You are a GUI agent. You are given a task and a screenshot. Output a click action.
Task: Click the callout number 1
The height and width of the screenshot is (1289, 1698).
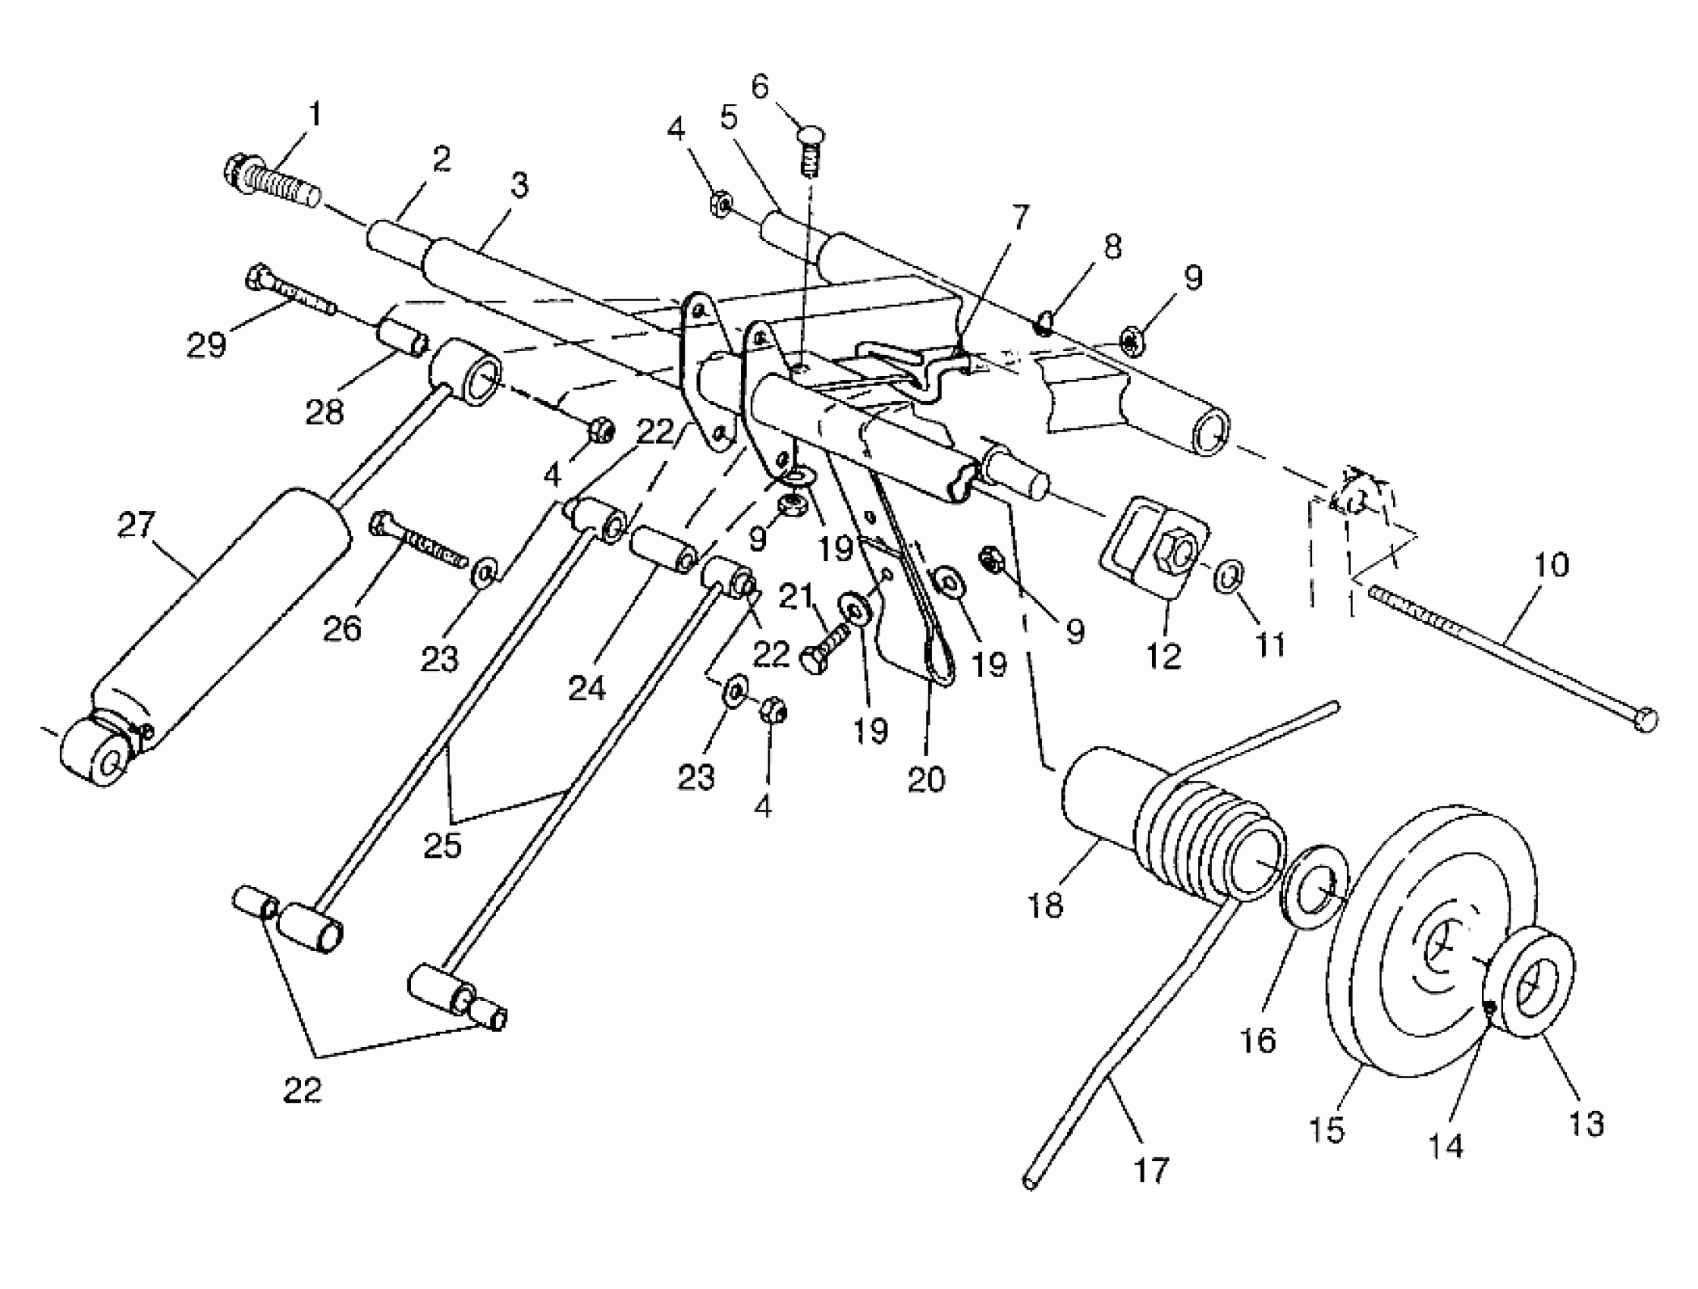(x=314, y=115)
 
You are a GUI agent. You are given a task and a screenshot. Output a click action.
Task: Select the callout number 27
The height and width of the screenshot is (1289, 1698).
(x=137, y=525)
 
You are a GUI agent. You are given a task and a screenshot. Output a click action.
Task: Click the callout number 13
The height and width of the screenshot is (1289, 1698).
(x=1585, y=1124)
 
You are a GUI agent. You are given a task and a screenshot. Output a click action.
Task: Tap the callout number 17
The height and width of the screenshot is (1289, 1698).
(x=1151, y=1170)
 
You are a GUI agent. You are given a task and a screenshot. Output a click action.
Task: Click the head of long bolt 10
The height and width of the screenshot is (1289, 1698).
(x=1646, y=720)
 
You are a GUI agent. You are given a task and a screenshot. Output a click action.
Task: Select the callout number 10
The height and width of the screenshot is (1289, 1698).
(x=1552, y=564)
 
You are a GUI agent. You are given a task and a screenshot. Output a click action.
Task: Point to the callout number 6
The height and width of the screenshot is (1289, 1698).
(x=759, y=86)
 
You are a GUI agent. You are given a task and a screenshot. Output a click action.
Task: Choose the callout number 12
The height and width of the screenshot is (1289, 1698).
(x=1163, y=656)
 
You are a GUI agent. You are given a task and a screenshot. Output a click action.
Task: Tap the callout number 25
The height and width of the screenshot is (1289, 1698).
(x=443, y=845)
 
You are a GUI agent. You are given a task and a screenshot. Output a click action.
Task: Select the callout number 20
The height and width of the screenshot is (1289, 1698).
(x=926, y=779)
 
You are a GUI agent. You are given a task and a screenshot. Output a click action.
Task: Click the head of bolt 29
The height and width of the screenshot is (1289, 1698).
(x=256, y=278)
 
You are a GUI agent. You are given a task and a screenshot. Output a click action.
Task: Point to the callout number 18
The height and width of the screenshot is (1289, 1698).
(x=1045, y=906)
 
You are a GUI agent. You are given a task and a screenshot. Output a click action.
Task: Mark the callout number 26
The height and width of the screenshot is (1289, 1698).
(x=342, y=628)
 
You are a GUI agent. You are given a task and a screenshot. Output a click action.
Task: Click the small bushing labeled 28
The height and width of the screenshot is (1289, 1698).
(x=401, y=340)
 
